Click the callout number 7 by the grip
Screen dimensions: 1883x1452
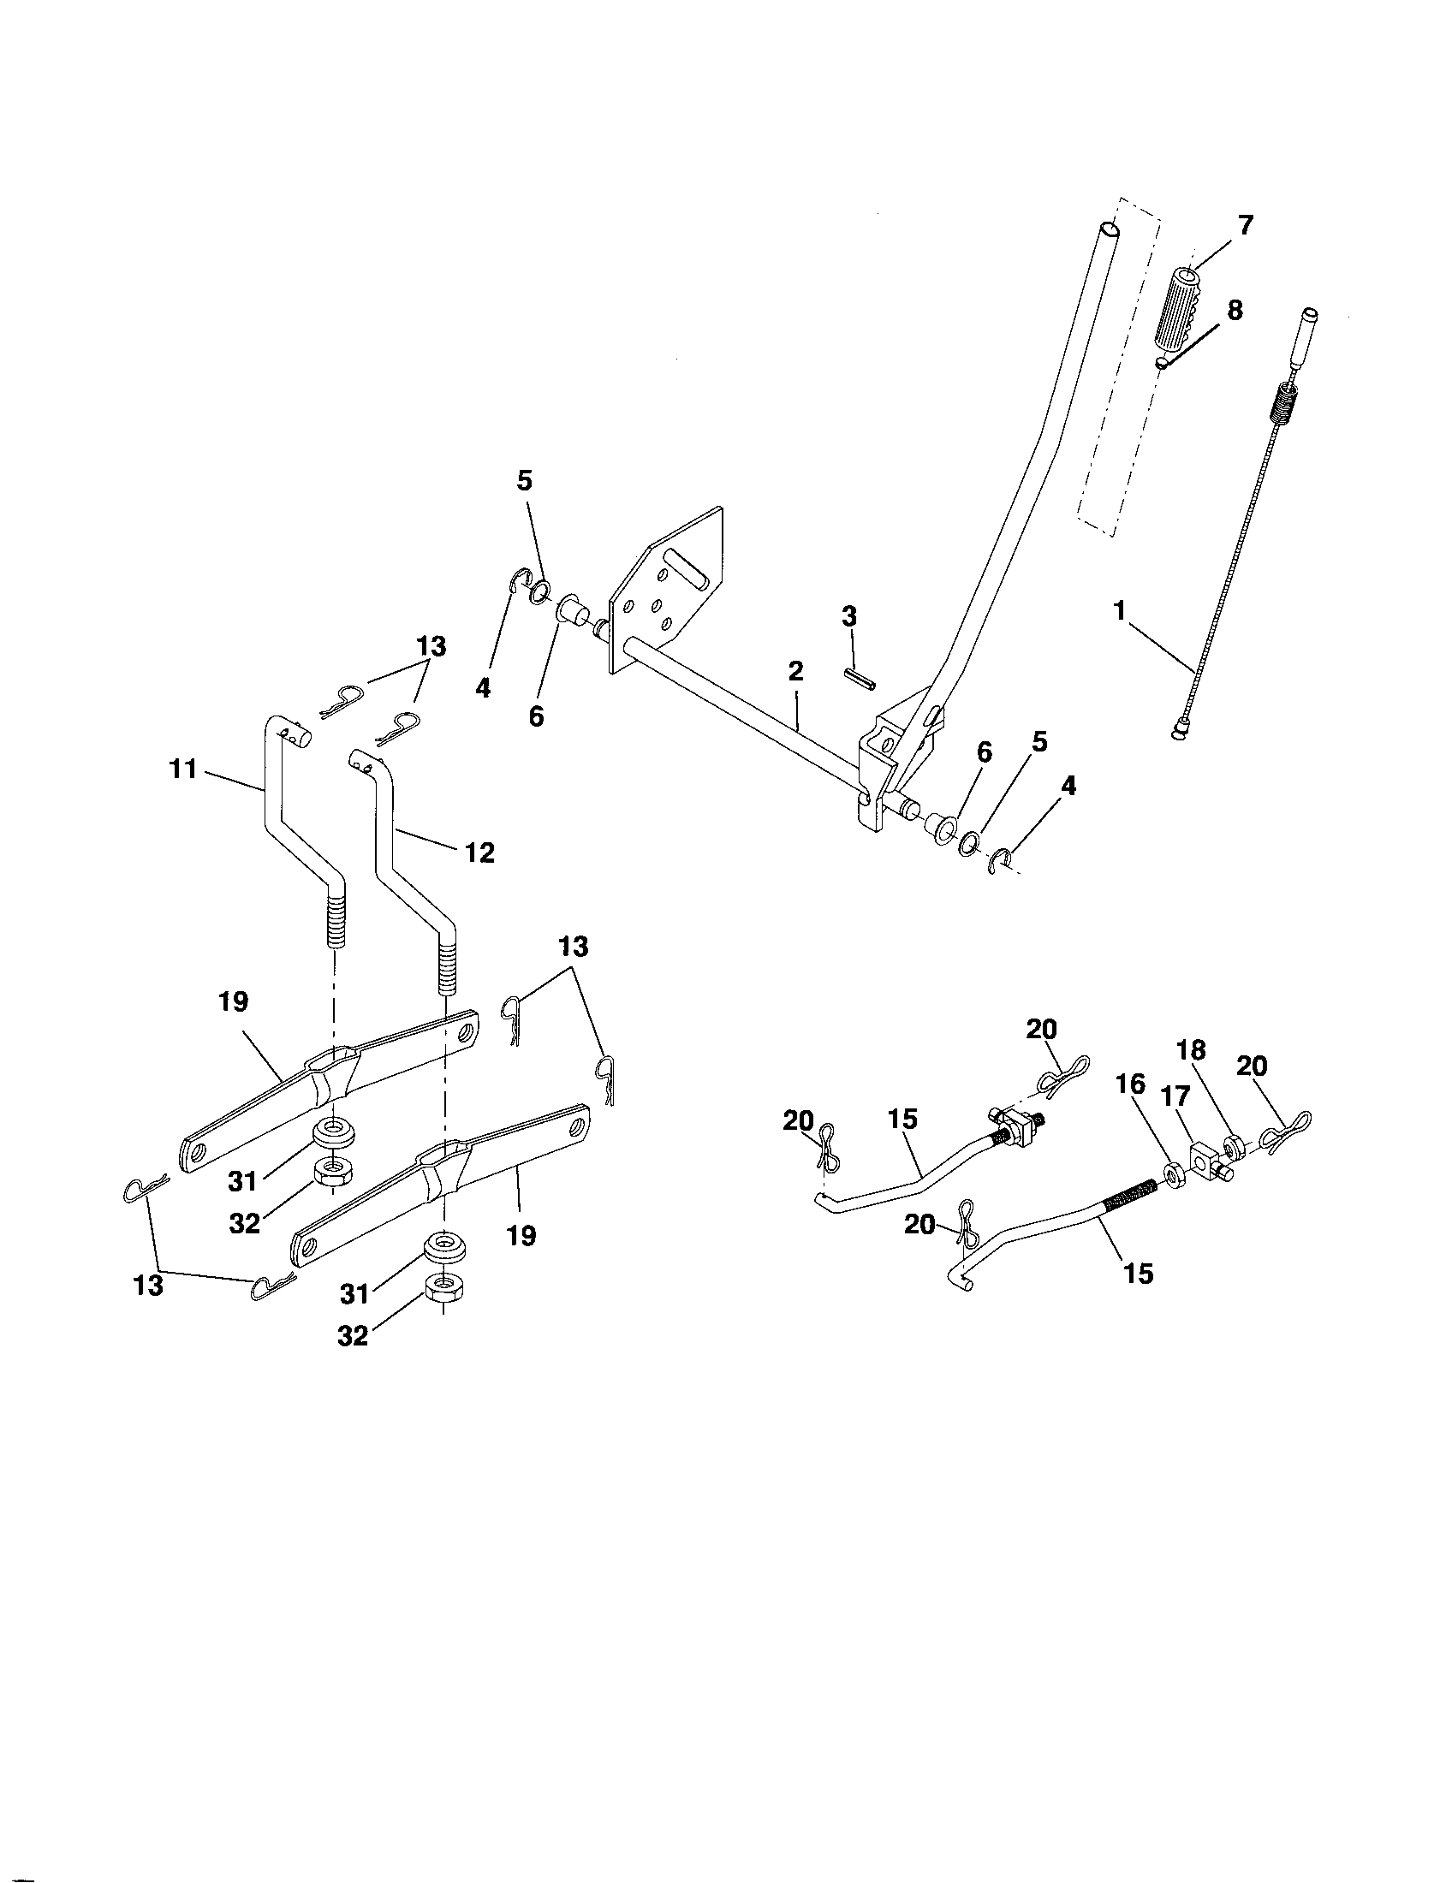click(x=1244, y=227)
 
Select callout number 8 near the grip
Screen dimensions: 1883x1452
click(x=1235, y=311)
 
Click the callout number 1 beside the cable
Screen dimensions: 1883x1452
click(x=1119, y=610)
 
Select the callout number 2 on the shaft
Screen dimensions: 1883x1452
click(x=795, y=670)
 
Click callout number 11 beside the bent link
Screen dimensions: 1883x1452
click(x=183, y=769)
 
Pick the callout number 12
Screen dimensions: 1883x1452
click(x=479, y=852)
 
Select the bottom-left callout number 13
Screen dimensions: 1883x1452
click(x=148, y=1286)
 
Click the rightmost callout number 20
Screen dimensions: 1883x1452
click(x=1252, y=1066)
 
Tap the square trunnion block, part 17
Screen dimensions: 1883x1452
click(x=1205, y=1155)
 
